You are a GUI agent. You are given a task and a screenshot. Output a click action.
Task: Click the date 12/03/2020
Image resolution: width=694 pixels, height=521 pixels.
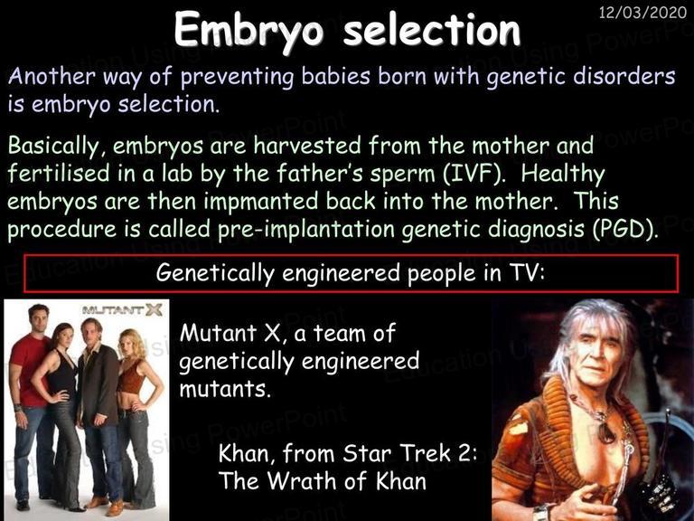pyautogui.click(x=642, y=12)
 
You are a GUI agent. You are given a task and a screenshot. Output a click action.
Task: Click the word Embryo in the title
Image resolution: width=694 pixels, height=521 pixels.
pyautogui.click(x=249, y=31)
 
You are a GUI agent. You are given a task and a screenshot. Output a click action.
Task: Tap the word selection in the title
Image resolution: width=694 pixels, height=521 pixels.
pyautogui.click(x=432, y=30)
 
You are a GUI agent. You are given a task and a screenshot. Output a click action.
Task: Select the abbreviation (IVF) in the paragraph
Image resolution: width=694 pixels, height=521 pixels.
pyautogui.click(x=474, y=174)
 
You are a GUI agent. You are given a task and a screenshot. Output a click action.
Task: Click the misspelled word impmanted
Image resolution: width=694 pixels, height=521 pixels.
pyautogui.click(x=260, y=202)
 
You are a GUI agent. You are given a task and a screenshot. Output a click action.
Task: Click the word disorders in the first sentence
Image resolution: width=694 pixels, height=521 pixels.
pyautogui.click(x=624, y=76)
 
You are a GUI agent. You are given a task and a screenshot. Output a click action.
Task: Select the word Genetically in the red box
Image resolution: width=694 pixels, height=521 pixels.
pyautogui.click(x=215, y=273)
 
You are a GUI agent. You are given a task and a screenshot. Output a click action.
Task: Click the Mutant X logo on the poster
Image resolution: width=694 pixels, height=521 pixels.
pyautogui.click(x=122, y=310)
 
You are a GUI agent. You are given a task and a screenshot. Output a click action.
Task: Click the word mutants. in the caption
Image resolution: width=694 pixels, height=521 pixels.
pyautogui.click(x=225, y=389)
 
